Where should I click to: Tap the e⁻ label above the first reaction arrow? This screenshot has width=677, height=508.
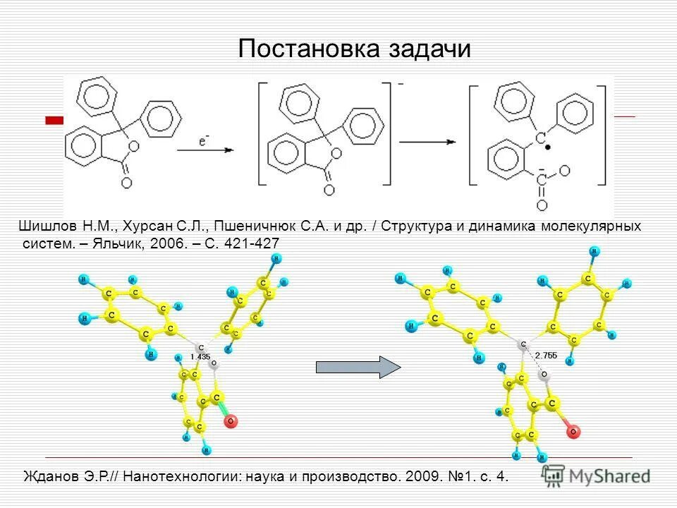[203, 142]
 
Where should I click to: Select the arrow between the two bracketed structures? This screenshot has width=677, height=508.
[427, 141]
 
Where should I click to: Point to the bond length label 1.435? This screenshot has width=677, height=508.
[201, 357]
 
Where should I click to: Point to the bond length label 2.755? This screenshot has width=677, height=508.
[546, 356]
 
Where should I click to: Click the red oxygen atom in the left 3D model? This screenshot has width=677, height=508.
[230, 421]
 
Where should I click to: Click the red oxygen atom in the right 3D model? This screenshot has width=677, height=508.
[574, 429]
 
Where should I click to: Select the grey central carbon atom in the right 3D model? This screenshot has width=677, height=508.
[523, 344]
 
